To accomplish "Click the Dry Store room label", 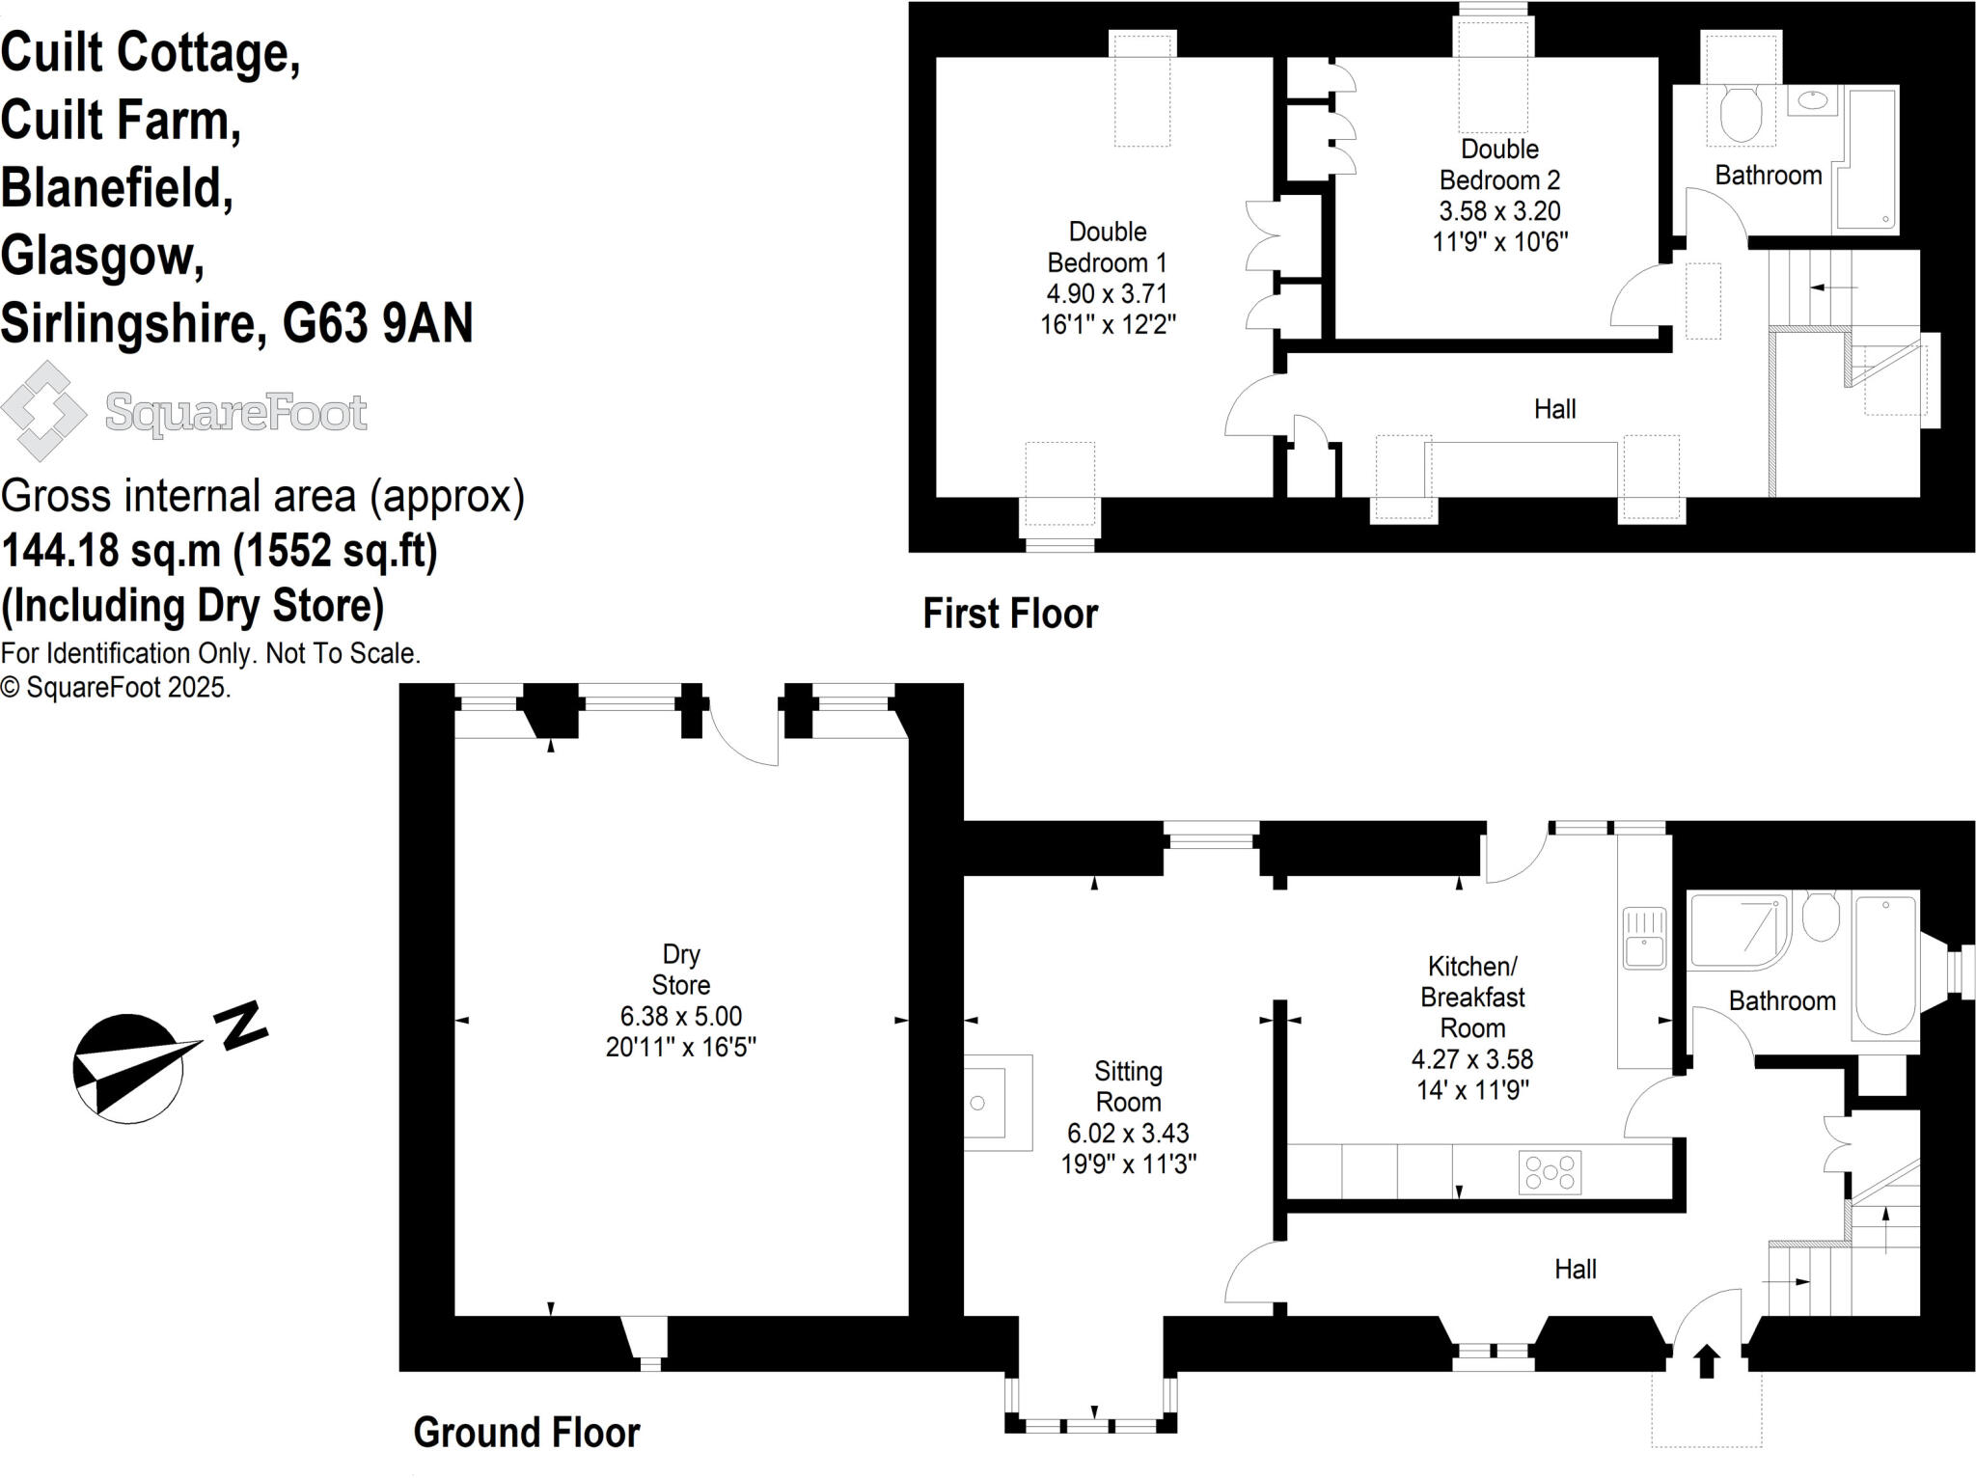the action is (681, 970).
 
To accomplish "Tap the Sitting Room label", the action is (1128, 1086).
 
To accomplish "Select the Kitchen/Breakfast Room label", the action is (1472, 997).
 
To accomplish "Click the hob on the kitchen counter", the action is (1550, 1172).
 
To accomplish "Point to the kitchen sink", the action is (1644, 937).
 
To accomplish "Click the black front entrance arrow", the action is (1707, 1361).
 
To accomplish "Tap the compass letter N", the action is (239, 1026).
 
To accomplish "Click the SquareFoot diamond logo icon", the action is (43, 411).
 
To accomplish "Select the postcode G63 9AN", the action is (377, 323).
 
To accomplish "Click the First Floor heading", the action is (1010, 614).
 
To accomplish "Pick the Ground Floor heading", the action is (527, 1433).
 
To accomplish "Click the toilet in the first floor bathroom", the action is (1741, 114).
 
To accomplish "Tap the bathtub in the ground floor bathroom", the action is (1884, 966).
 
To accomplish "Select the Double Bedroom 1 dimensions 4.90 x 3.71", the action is (1108, 293).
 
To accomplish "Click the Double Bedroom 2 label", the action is (1499, 164).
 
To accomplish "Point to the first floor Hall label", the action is (1555, 409).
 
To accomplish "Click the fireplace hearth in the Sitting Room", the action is (999, 1102).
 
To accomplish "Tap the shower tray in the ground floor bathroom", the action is (1739, 931).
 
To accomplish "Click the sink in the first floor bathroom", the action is (1814, 100).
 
